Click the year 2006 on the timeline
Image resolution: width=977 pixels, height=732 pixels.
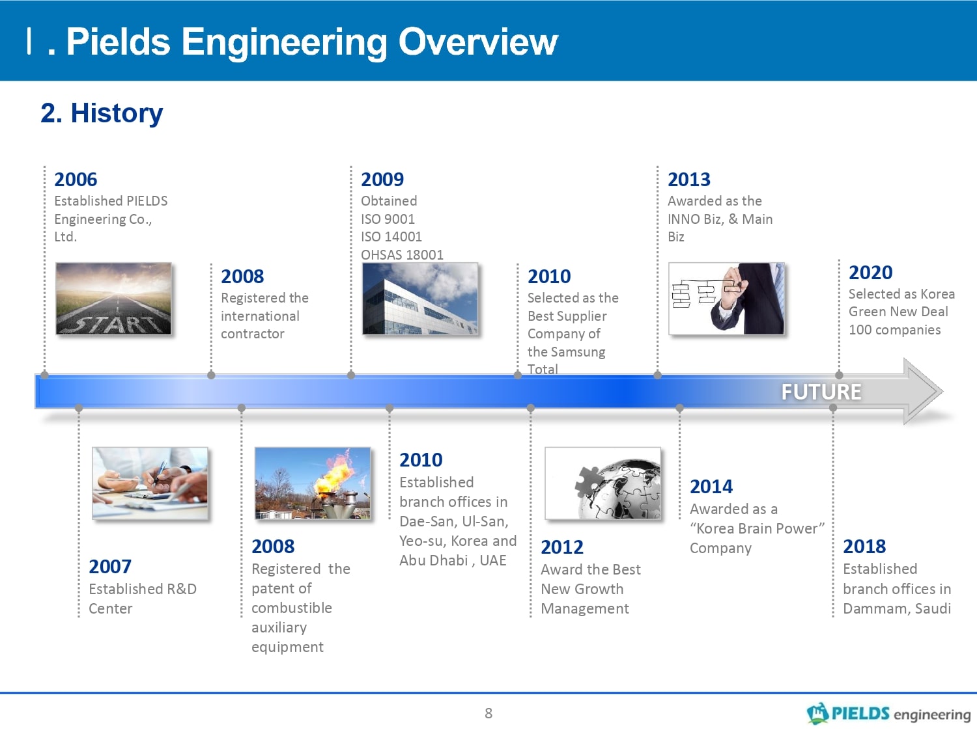click(x=76, y=180)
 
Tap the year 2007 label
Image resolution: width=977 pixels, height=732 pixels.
click(x=110, y=567)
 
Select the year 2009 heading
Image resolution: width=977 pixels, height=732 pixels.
click(x=382, y=180)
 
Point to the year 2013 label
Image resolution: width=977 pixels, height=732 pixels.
click(x=689, y=180)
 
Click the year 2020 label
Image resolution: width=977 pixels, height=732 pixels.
click(x=871, y=273)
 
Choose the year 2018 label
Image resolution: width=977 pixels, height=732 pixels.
click(x=864, y=546)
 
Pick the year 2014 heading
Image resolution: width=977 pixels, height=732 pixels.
click(x=711, y=487)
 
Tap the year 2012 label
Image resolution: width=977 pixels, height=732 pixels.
click(x=562, y=547)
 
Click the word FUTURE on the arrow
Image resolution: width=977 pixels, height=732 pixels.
click(x=821, y=392)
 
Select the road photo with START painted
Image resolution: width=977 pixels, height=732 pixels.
click(x=113, y=299)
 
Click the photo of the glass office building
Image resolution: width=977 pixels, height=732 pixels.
click(x=420, y=299)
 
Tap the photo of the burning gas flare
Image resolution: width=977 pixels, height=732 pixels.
click(x=313, y=483)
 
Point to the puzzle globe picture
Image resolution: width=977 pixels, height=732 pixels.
click(x=602, y=483)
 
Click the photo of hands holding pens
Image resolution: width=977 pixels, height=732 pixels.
click(x=150, y=483)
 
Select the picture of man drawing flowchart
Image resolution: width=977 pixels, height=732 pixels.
click(x=726, y=299)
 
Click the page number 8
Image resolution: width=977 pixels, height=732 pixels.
click(x=488, y=713)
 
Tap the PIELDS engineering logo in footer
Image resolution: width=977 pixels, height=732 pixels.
click(x=888, y=714)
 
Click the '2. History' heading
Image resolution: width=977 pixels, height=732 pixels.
click(x=102, y=113)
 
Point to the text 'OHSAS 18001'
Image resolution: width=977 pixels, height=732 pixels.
click(x=403, y=254)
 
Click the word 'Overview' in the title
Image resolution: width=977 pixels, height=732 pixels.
click(x=478, y=42)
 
